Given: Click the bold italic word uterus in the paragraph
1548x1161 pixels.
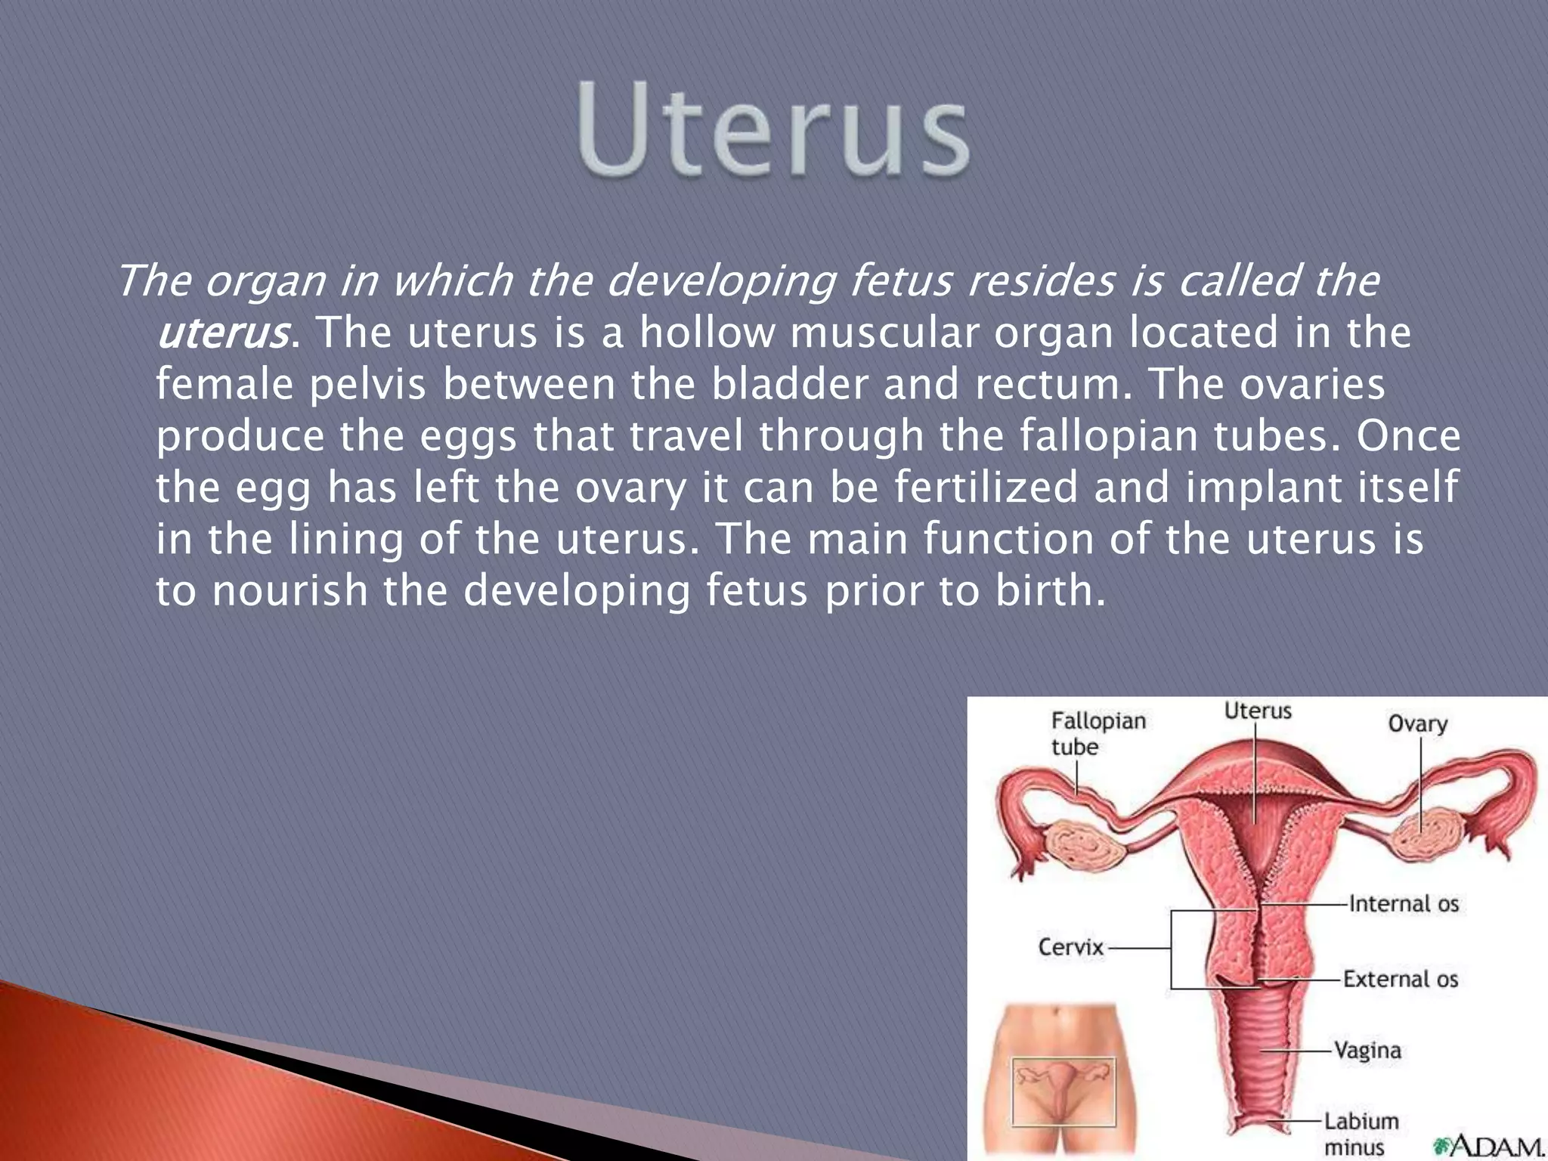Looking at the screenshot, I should [x=223, y=333].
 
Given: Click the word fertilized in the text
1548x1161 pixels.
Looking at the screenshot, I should [x=986, y=488].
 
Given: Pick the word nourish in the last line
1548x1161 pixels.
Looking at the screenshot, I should [x=289, y=590].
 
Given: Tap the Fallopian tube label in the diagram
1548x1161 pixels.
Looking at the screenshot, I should [x=1098, y=733].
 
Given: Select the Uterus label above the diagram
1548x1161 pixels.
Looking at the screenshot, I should [x=1258, y=711].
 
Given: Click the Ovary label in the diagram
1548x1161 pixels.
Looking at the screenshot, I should [x=1417, y=723].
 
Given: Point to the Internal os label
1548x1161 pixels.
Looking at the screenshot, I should [x=1404, y=903].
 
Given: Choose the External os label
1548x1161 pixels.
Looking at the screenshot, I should [x=1400, y=979].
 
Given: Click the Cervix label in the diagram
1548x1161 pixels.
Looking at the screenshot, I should [x=1070, y=947].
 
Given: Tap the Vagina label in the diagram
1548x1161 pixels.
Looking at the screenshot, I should [x=1367, y=1050].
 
